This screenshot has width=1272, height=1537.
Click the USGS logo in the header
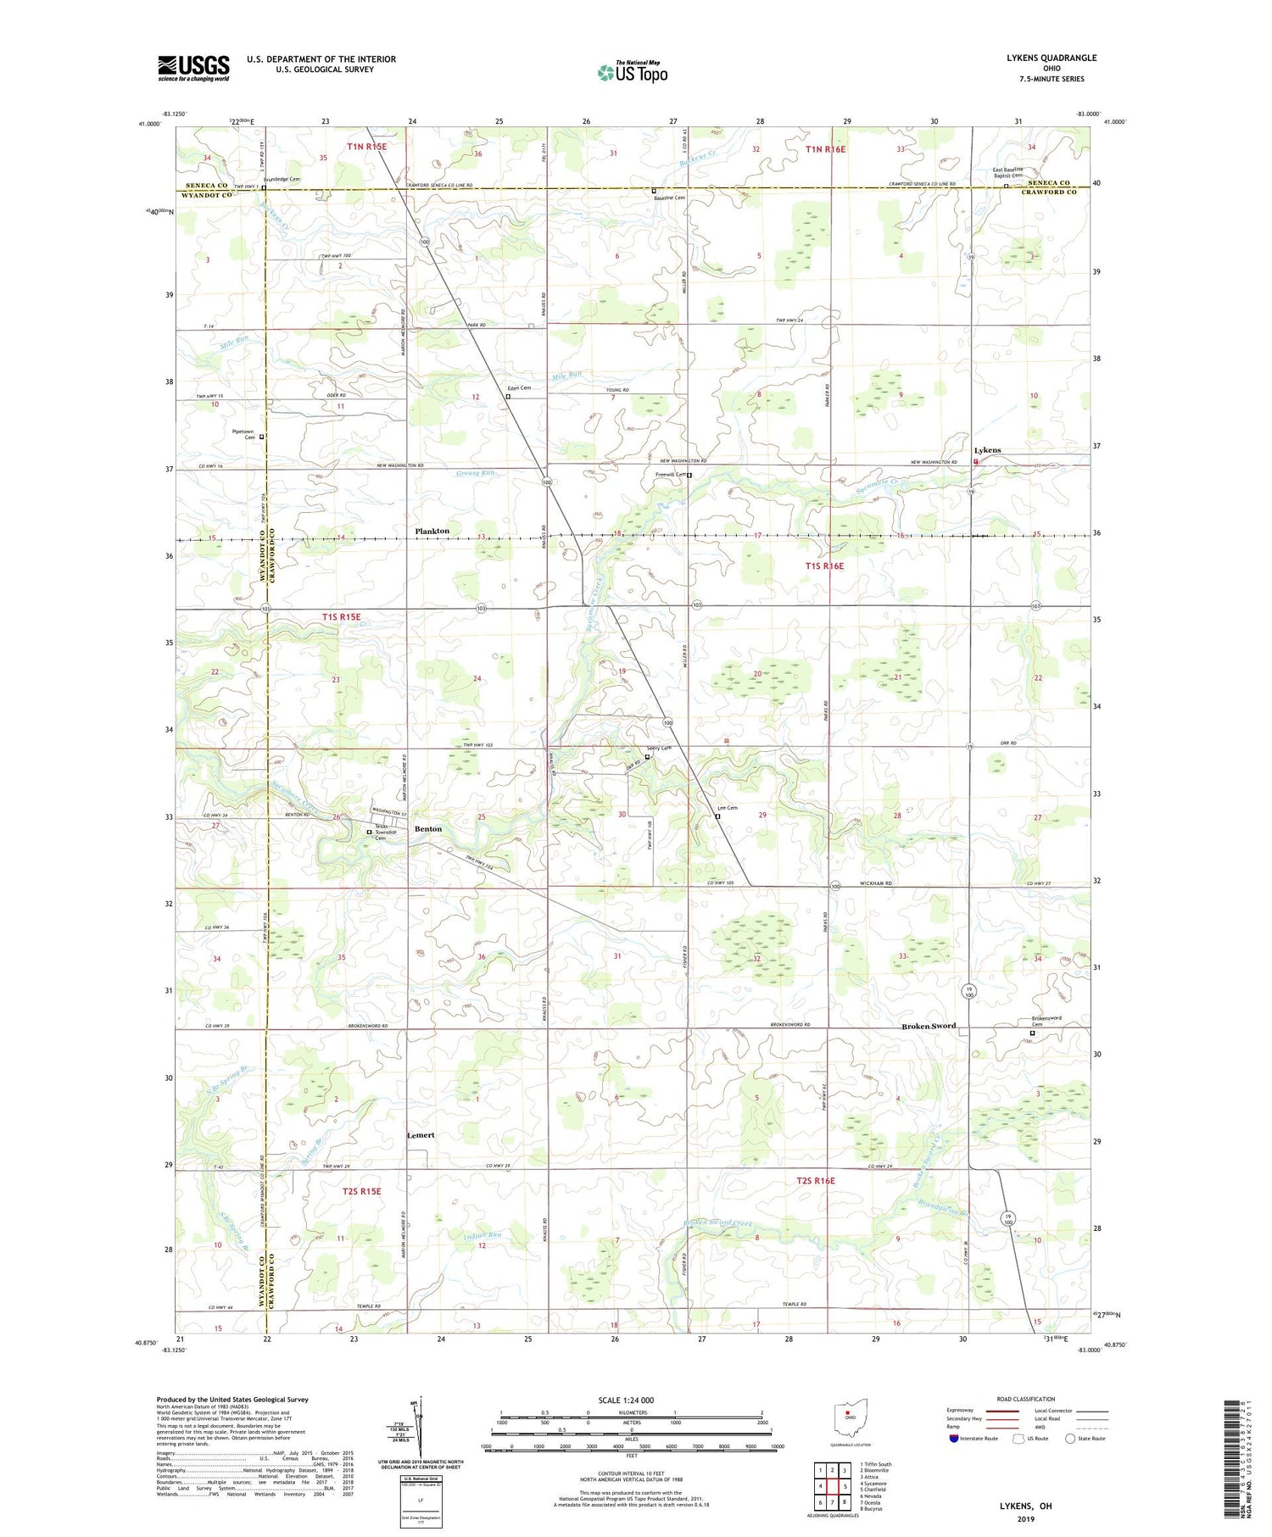pyautogui.click(x=193, y=68)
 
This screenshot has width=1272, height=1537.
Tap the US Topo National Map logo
pyautogui.click(x=633, y=72)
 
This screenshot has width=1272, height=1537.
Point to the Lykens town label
pyautogui.click(x=987, y=450)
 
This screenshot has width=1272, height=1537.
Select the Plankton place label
pyautogui.click(x=432, y=531)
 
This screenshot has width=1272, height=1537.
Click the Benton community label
pyautogui.click(x=428, y=828)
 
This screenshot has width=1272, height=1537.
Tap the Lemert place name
pyautogui.click(x=421, y=1134)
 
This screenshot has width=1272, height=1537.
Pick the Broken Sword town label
pyautogui.click(x=928, y=1026)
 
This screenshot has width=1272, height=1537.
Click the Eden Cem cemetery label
pyautogui.click(x=518, y=388)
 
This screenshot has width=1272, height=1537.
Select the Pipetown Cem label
pyautogui.click(x=243, y=434)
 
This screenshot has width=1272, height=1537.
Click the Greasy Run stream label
pyautogui.click(x=475, y=473)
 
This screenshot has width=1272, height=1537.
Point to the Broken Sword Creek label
pyautogui.click(x=718, y=1223)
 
